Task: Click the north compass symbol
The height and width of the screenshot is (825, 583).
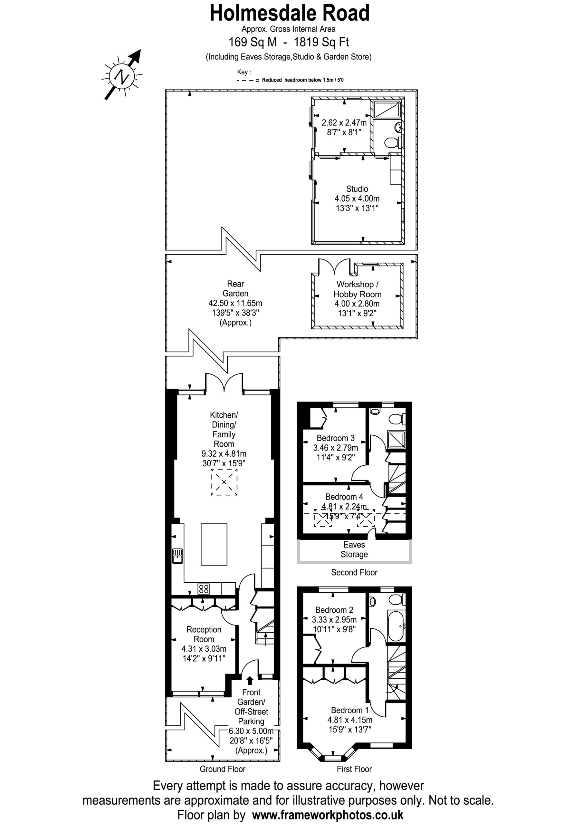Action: [x=122, y=76]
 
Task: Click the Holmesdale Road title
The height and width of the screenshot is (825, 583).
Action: [x=290, y=13]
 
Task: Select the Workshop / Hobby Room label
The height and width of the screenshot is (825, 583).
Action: [x=357, y=289]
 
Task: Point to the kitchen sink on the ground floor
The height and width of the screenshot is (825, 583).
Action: [x=177, y=556]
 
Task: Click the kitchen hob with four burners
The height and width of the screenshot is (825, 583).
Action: [x=204, y=588]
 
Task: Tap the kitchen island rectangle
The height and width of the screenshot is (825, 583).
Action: [x=214, y=544]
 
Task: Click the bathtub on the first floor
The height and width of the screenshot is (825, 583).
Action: [x=396, y=626]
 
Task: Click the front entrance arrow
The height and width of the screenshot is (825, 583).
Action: [x=249, y=680]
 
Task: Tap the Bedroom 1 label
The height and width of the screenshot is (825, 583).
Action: [x=349, y=710]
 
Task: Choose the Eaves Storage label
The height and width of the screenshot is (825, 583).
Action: [x=354, y=549]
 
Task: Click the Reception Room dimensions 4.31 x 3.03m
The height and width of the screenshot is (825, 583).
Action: [x=204, y=649]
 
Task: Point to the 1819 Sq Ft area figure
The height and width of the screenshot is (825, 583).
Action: [x=321, y=42]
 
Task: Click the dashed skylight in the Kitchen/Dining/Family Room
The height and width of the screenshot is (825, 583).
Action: [x=224, y=482]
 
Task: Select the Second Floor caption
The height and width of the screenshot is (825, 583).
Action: [x=354, y=572]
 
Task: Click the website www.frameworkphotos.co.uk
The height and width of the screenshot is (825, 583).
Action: [x=328, y=815]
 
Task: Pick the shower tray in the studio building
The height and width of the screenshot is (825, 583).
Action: [x=387, y=109]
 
